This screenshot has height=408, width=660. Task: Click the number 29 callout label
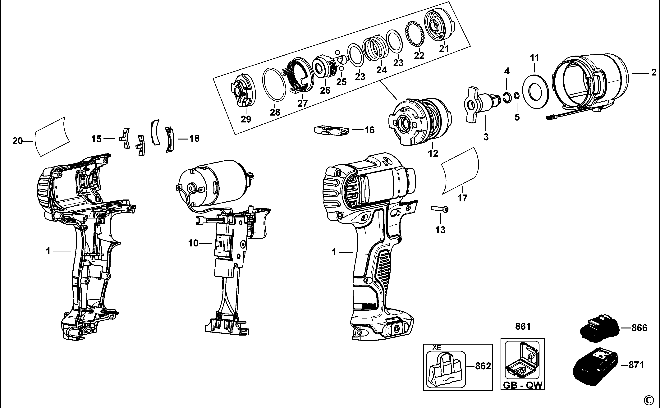[x=246, y=119]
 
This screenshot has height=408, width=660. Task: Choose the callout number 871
[x=636, y=365]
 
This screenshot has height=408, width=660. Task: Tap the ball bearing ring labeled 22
[x=415, y=36]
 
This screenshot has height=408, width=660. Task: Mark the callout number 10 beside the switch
[x=193, y=243]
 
